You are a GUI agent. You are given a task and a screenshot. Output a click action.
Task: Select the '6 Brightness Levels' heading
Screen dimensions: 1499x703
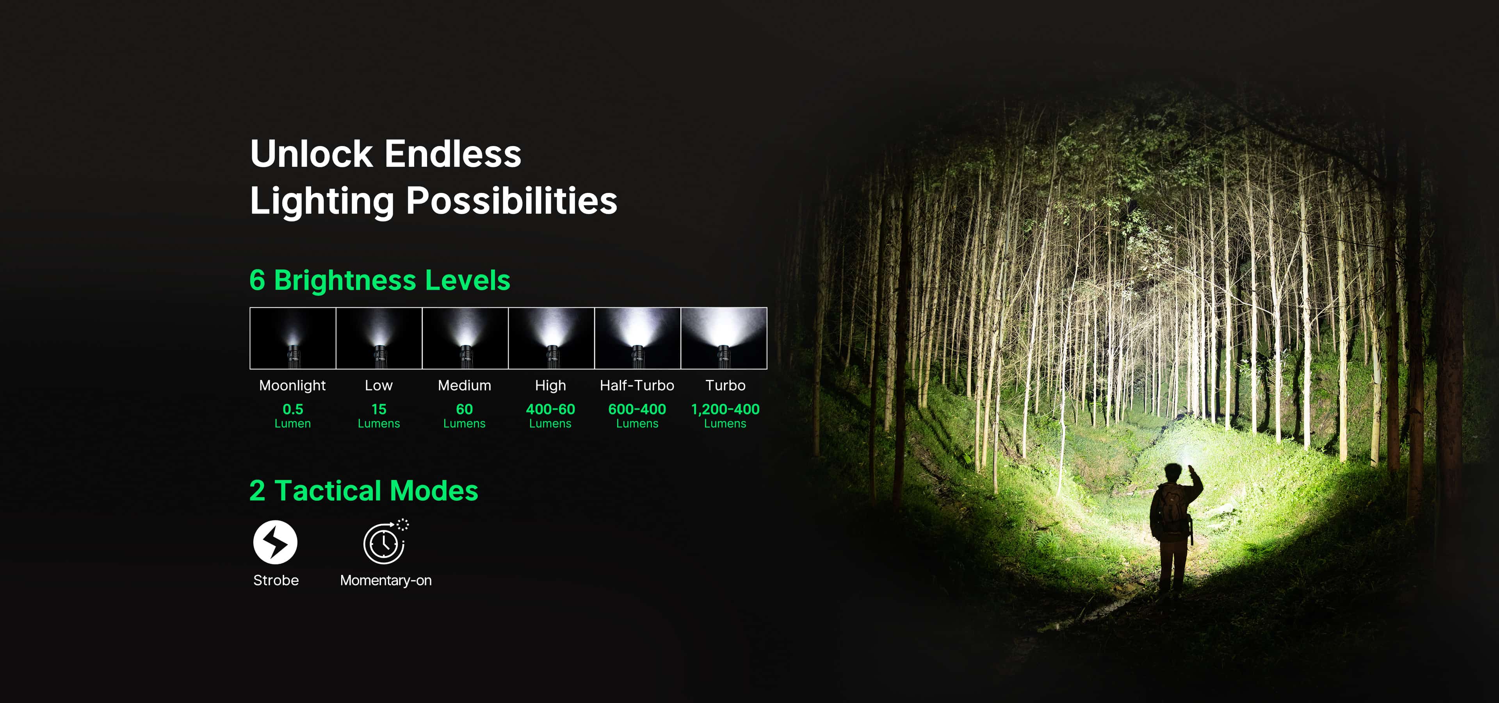pyautogui.click(x=379, y=280)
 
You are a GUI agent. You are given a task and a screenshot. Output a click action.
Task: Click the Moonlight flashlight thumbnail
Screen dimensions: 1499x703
pyautogui.click(x=293, y=338)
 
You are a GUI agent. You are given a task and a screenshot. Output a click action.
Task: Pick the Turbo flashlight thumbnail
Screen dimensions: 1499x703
pyautogui.click(x=724, y=338)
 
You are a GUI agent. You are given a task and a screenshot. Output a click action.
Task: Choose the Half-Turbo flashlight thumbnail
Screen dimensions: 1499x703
pyautogui.click(x=638, y=338)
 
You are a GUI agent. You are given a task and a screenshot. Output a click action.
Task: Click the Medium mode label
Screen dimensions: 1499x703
pyautogui.click(x=465, y=385)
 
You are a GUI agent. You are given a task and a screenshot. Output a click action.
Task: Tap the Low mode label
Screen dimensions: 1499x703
pyautogui.click(x=379, y=385)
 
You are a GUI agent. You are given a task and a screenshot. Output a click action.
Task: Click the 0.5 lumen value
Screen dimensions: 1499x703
pyautogui.click(x=293, y=409)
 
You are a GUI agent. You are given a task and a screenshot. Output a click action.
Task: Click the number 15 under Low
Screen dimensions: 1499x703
pyautogui.click(x=379, y=409)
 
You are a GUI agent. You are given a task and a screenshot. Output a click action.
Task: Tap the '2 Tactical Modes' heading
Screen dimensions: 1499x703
pyautogui.click(x=364, y=491)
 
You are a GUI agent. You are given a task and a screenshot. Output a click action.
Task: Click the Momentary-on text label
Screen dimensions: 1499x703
pyautogui.click(x=386, y=580)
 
